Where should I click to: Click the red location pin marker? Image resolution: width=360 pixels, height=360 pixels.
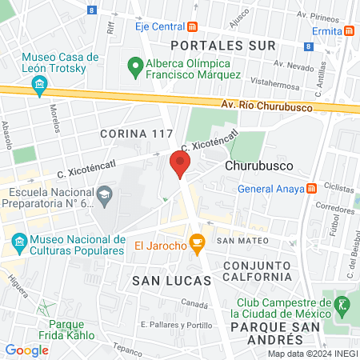[x=180, y=166]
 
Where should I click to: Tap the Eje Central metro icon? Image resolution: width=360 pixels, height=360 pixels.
[x=192, y=26]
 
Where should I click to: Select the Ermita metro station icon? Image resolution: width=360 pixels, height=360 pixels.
[x=350, y=30]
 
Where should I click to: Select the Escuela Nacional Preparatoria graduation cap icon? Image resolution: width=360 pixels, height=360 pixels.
[x=104, y=193]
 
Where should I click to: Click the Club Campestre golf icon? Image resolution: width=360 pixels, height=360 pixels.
[x=342, y=303]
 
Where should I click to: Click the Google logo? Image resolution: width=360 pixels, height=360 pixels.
[x=27, y=350]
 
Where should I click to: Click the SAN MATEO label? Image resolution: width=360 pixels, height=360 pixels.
[x=236, y=240]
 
